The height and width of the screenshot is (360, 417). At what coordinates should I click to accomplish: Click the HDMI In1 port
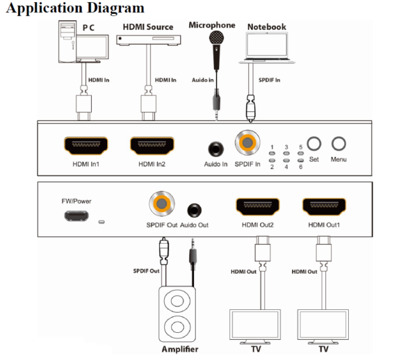click(86, 145)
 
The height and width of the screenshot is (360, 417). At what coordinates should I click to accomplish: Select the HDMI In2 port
click(152, 145)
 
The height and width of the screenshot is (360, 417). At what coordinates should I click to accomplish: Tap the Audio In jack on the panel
click(216, 148)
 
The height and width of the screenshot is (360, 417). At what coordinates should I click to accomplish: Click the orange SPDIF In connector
click(247, 144)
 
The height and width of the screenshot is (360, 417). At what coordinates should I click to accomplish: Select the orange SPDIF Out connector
click(161, 204)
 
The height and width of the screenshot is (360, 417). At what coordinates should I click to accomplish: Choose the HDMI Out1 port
click(324, 207)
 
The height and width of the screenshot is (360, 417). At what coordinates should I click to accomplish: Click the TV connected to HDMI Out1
click(325, 322)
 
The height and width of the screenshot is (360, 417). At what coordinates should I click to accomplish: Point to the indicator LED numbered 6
click(300, 160)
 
